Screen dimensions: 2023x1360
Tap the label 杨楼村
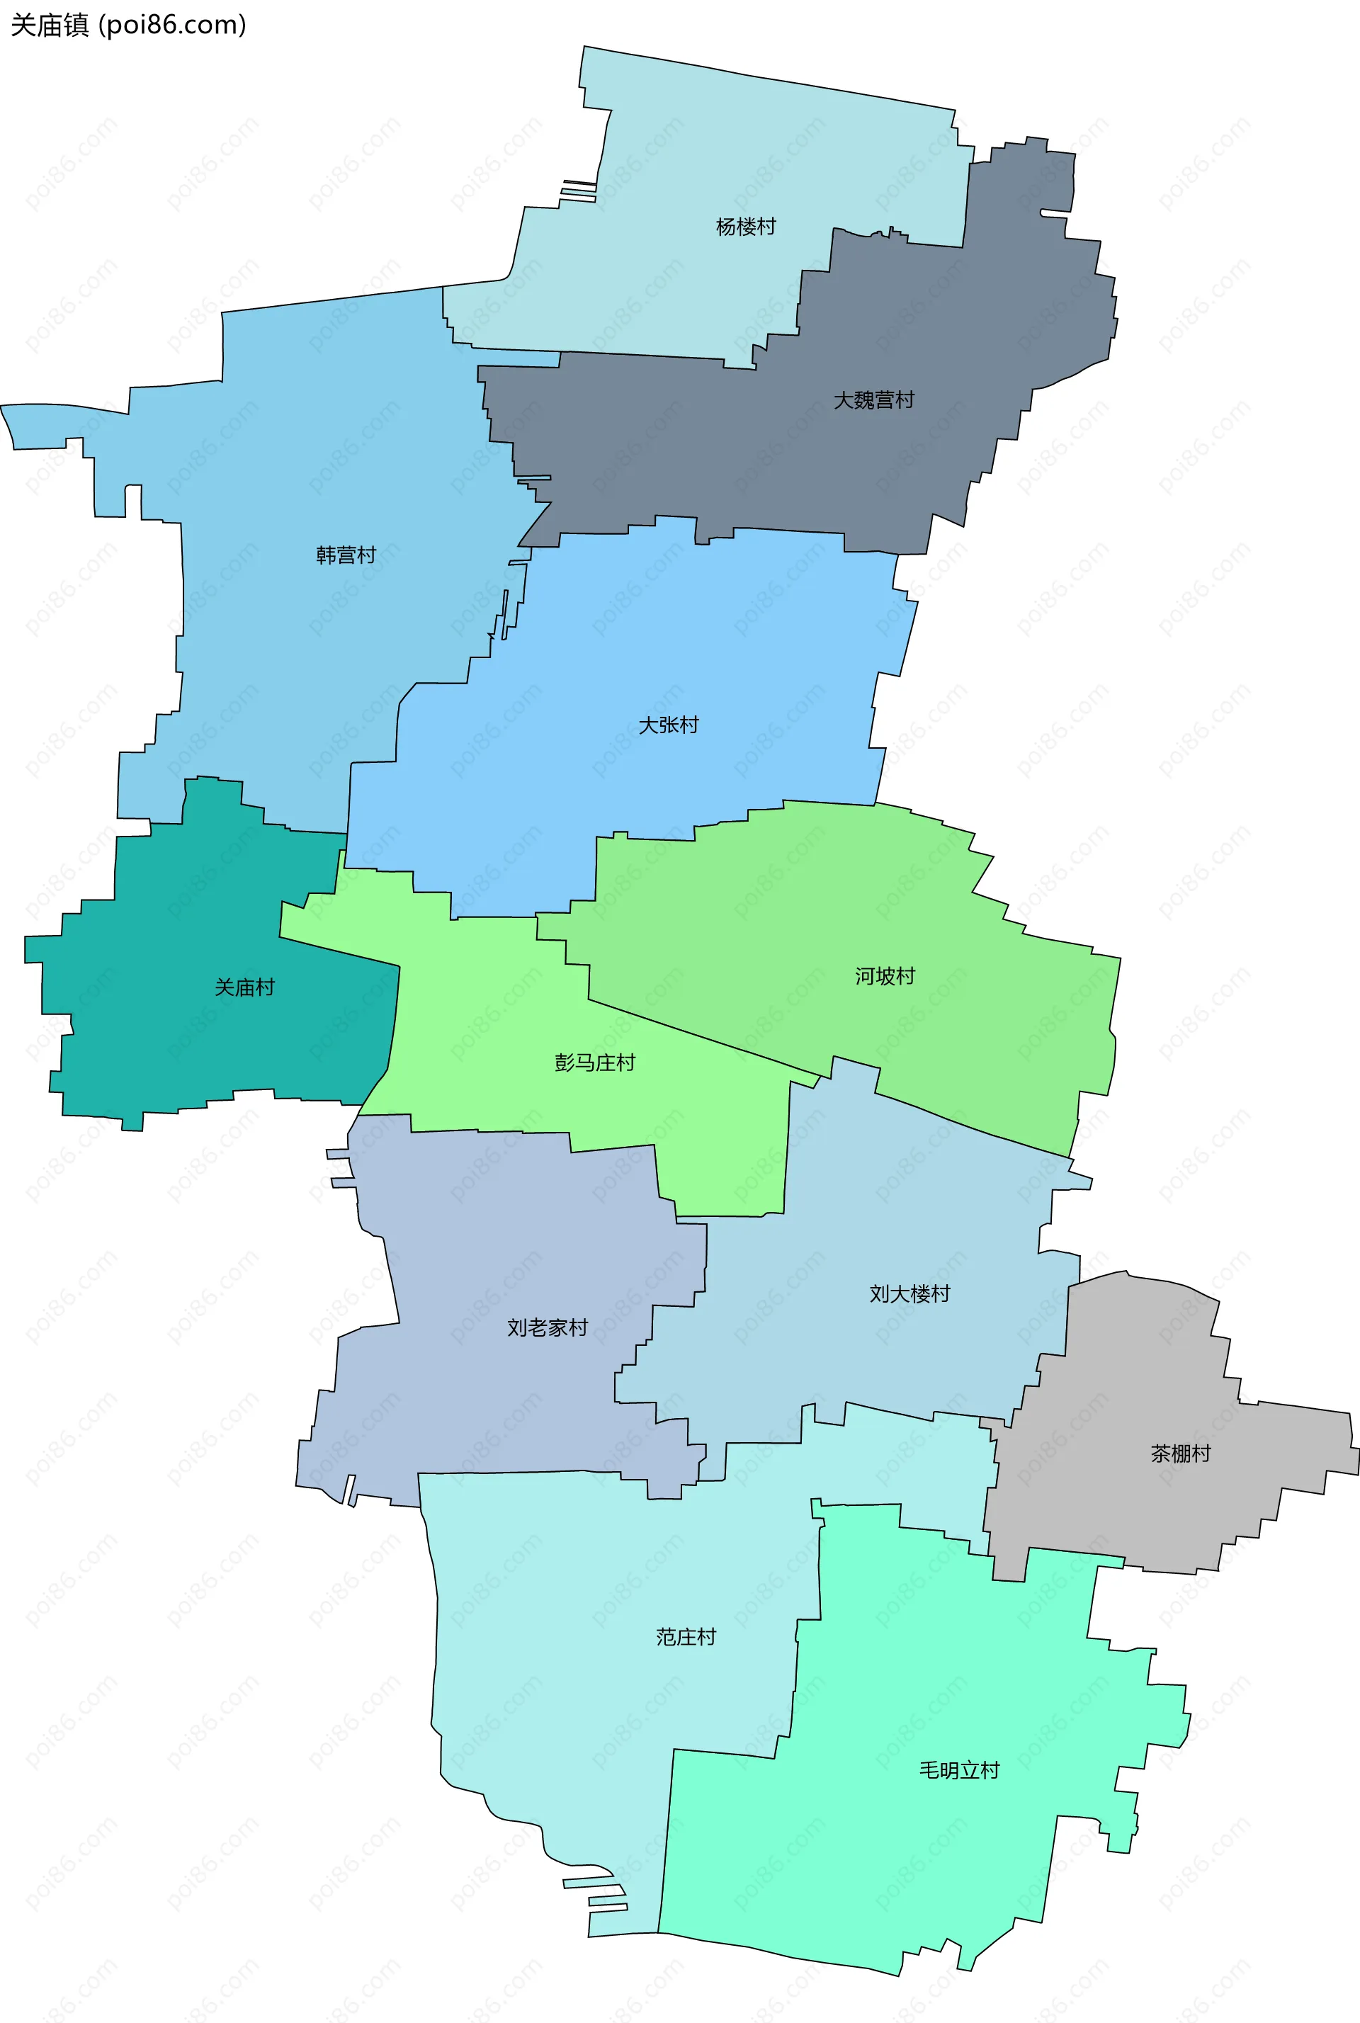pyautogui.click(x=745, y=227)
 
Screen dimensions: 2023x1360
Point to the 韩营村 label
pyautogui.click(x=345, y=555)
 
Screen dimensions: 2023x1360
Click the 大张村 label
pyautogui.click(x=668, y=725)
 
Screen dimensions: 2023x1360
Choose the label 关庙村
pyautogui.click(x=244, y=987)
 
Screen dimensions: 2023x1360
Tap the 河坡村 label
pyautogui.click(x=885, y=976)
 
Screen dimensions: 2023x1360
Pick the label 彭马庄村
pyautogui.click(x=594, y=1063)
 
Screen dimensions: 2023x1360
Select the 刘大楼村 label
pyautogui.click(x=909, y=1293)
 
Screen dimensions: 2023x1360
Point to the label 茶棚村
pyautogui.click(x=1179, y=1453)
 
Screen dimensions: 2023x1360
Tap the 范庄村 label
pyautogui.click(x=685, y=1636)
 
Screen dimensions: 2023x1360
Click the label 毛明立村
pyautogui.click(x=958, y=1770)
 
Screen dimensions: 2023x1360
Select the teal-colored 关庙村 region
pyautogui.click(x=174, y=1041)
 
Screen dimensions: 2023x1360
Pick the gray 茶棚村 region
pyautogui.click(x=1128, y=1509)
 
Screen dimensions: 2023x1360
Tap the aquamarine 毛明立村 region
pyautogui.click(x=911, y=1864)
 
